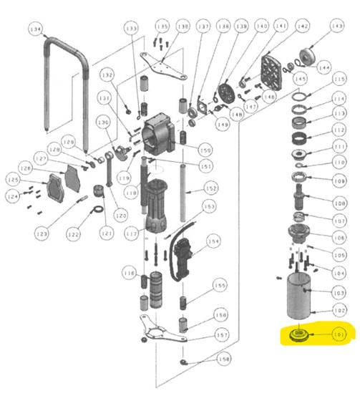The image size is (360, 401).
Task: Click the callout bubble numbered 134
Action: pyautogui.click(x=34, y=29)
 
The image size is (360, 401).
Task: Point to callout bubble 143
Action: pyautogui.click(x=336, y=26)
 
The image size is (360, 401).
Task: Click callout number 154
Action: pyautogui.click(x=213, y=242)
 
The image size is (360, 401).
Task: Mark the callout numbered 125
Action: pyautogui.click(x=14, y=178)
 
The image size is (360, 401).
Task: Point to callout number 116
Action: pyautogui.click(x=128, y=274)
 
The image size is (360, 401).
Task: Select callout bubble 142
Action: pyautogui.click(x=303, y=26)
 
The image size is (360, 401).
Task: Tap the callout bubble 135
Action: pyautogui.click(x=162, y=26)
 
